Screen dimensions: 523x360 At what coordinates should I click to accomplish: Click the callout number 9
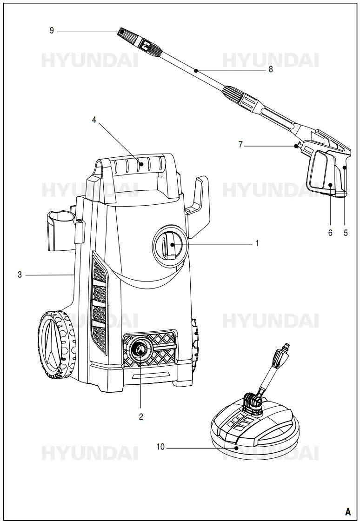[52, 31]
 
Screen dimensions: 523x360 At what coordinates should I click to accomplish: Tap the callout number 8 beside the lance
[270, 69]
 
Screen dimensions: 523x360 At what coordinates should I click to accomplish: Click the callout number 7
[240, 145]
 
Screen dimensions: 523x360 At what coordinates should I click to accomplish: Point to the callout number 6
[330, 233]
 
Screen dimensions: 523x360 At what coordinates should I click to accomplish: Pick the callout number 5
[346, 233]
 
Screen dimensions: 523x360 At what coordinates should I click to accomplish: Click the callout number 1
[257, 243]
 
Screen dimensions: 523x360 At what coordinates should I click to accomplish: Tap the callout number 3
[20, 275]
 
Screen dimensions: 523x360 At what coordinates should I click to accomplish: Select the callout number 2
[141, 416]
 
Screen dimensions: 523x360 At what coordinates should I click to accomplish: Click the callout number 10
[160, 448]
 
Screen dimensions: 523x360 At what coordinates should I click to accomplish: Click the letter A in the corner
[347, 511]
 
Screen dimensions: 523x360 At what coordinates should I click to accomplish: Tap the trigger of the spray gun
[319, 172]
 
